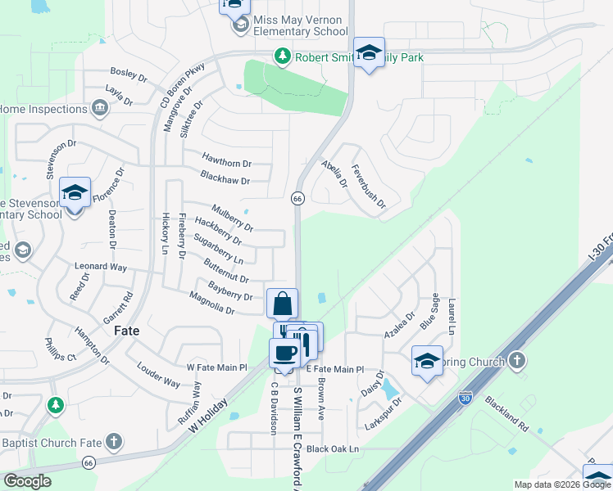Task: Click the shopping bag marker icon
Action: click(x=282, y=304)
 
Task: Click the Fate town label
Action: click(x=126, y=331)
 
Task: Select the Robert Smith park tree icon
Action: click(x=282, y=56)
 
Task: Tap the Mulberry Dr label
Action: click(x=232, y=215)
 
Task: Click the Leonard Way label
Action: click(x=101, y=267)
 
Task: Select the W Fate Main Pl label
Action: click(x=217, y=368)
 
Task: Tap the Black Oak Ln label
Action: click(x=333, y=449)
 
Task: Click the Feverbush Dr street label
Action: click(x=368, y=192)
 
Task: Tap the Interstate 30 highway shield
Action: click(x=465, y=398)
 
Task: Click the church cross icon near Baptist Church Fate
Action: click(x=113, y=443)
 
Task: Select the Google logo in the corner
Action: click(x=27, y=481)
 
